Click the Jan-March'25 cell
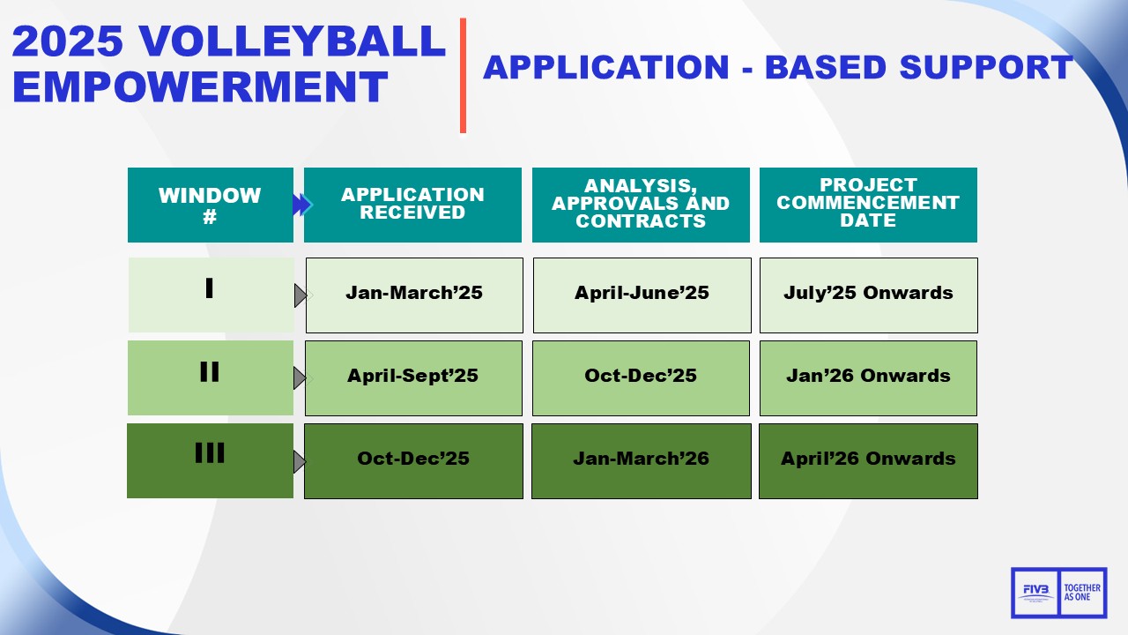414,295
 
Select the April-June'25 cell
642,295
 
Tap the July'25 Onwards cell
868,295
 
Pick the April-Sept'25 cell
412,377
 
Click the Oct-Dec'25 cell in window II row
641,377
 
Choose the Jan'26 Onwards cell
868,377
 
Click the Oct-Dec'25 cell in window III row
413,460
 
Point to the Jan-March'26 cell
641,460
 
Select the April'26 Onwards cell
868,460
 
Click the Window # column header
210,205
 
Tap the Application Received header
412,205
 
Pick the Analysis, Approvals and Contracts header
641,205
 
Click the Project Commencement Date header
868,205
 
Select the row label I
210,289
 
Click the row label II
210,372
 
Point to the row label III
210,455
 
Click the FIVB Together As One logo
1058,592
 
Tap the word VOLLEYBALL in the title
293,41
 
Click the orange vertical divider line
463,76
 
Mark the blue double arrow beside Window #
302,205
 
